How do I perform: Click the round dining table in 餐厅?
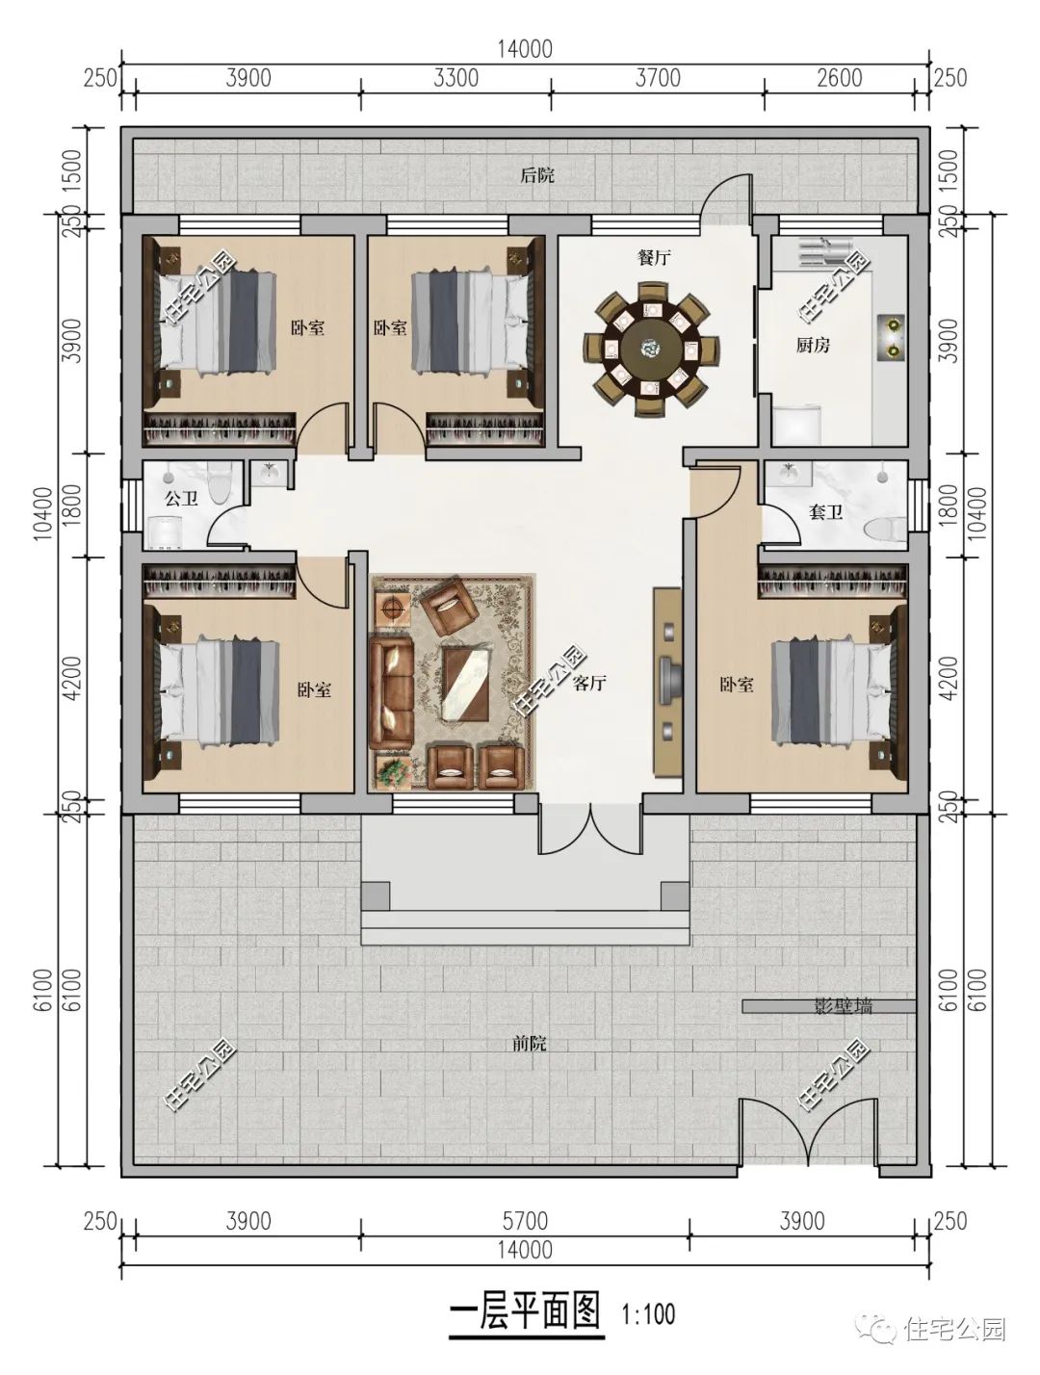(652, 349)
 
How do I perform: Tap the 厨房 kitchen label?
(813, 345)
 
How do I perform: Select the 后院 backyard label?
(537, 175)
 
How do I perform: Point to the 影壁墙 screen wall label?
(844, 1006)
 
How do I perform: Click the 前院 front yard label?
(530, 1044)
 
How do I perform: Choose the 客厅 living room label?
(589, 684)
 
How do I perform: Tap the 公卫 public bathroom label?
(181, 499)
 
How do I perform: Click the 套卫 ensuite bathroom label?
(825, 512)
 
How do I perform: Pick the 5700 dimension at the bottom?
(525, 1221)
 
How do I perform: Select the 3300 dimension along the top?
(456, 78)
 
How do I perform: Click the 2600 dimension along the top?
(840, 78)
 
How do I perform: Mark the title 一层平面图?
(525, 1309)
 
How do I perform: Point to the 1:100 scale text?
(648, 1310)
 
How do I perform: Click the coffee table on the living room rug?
(465, 684)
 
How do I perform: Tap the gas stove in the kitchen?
(892, 336)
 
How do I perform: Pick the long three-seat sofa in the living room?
(390, 692)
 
